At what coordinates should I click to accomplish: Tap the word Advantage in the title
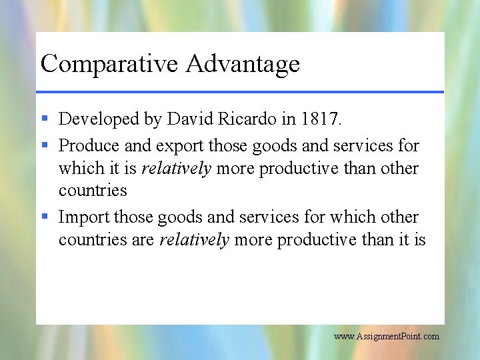coord(243,65)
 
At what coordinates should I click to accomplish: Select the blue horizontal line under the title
coord(240,91)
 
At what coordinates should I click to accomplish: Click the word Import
coord(84,217)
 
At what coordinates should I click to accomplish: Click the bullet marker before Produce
coord(44,145)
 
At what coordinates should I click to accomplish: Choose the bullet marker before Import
coord(44,217)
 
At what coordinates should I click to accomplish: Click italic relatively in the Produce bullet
coord(176,169)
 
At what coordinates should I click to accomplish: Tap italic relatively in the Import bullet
coord(194,240)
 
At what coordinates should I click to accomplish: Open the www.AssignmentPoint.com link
coord(386,337)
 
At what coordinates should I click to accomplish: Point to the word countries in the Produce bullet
coord(93,191)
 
